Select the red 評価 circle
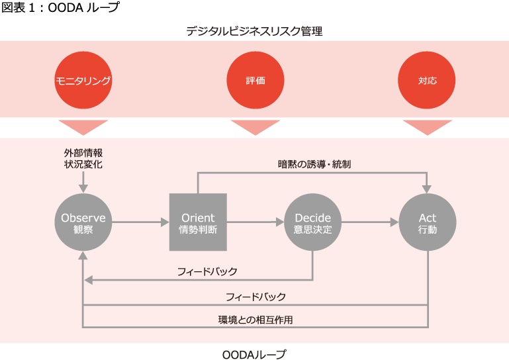pyautogui.click(x=255, y=81)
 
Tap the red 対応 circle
pyautogui.click(x=427, y=81)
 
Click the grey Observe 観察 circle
pyautogui.click(x=83, y=223)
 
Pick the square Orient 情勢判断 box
pyautogui.click(x=198, y=223)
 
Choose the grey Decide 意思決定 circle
pyautogui.click(x=312, y=223)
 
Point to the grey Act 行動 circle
pyautogui.click(x=428, y=223)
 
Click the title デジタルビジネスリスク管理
pyautogui.click(x=254, y=30)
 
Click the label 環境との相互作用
pyautogui.click(x=255, y=320)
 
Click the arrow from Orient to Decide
pyautogui.click(x=255, y=223)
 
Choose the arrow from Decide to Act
pyautogui.click(x=370, y=223)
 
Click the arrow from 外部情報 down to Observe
pyautogui.click(x=83, y=181)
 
